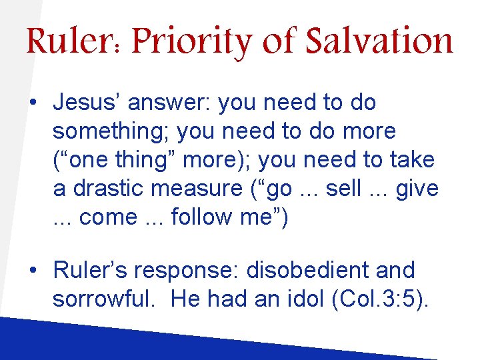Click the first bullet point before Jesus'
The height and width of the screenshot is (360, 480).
[32, 103]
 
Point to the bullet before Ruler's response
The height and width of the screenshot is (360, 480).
[32, 271]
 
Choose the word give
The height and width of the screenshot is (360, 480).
[417, 189]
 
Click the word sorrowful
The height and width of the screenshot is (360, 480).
[106, 299]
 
